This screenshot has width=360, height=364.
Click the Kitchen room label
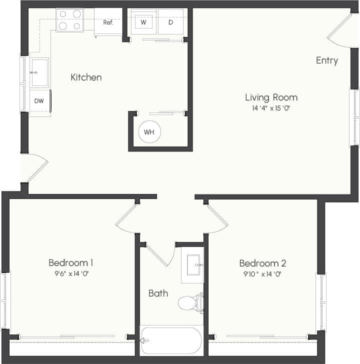point(86,77)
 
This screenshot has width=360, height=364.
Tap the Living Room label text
point(271,97)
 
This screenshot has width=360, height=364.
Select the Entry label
point(327,60)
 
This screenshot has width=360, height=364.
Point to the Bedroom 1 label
point(70,263)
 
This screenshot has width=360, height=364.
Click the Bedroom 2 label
point(262,263)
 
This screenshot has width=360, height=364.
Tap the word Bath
point(158,293)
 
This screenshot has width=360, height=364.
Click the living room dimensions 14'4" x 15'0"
point(271,108)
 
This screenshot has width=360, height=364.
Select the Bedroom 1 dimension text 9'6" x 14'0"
point(70,273)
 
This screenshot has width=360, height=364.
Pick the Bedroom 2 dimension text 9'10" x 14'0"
point(262,274)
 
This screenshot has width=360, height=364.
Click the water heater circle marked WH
point(149,132)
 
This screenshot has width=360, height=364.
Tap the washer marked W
point(143,22)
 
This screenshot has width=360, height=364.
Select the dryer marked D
point(170,22)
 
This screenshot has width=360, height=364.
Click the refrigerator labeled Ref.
point(108,22)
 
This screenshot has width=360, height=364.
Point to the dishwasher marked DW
point(39,101)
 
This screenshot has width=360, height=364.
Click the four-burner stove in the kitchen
point(69,20)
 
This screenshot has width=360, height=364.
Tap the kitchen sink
point(39,73)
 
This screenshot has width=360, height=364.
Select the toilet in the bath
point(190,303)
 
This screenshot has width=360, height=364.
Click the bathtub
point(171,340)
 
